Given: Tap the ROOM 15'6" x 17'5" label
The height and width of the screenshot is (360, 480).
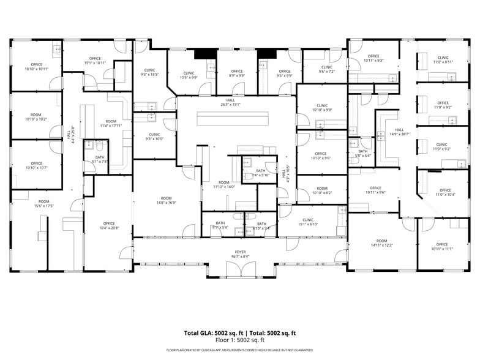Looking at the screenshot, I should click(x=43, y=203).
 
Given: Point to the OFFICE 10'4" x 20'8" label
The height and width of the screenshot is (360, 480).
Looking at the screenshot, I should click(x=109, y=226).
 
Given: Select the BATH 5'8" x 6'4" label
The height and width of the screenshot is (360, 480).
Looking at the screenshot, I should click(x=362, y=153).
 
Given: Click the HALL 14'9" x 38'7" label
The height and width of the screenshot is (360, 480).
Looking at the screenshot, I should click(x=400, y=132).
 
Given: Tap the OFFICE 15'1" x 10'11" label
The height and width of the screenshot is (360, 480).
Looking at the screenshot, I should click(x=95, y=61).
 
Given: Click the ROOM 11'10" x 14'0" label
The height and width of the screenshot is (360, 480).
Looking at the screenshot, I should click(x=224, y=184).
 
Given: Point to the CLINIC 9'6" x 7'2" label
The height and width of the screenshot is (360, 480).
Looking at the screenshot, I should click(x=326, y=69).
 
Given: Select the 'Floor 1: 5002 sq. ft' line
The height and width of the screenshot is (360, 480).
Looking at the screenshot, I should click(x=239, y=340).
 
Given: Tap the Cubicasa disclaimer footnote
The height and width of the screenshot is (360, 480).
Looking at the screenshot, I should click(x=239, y=350).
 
